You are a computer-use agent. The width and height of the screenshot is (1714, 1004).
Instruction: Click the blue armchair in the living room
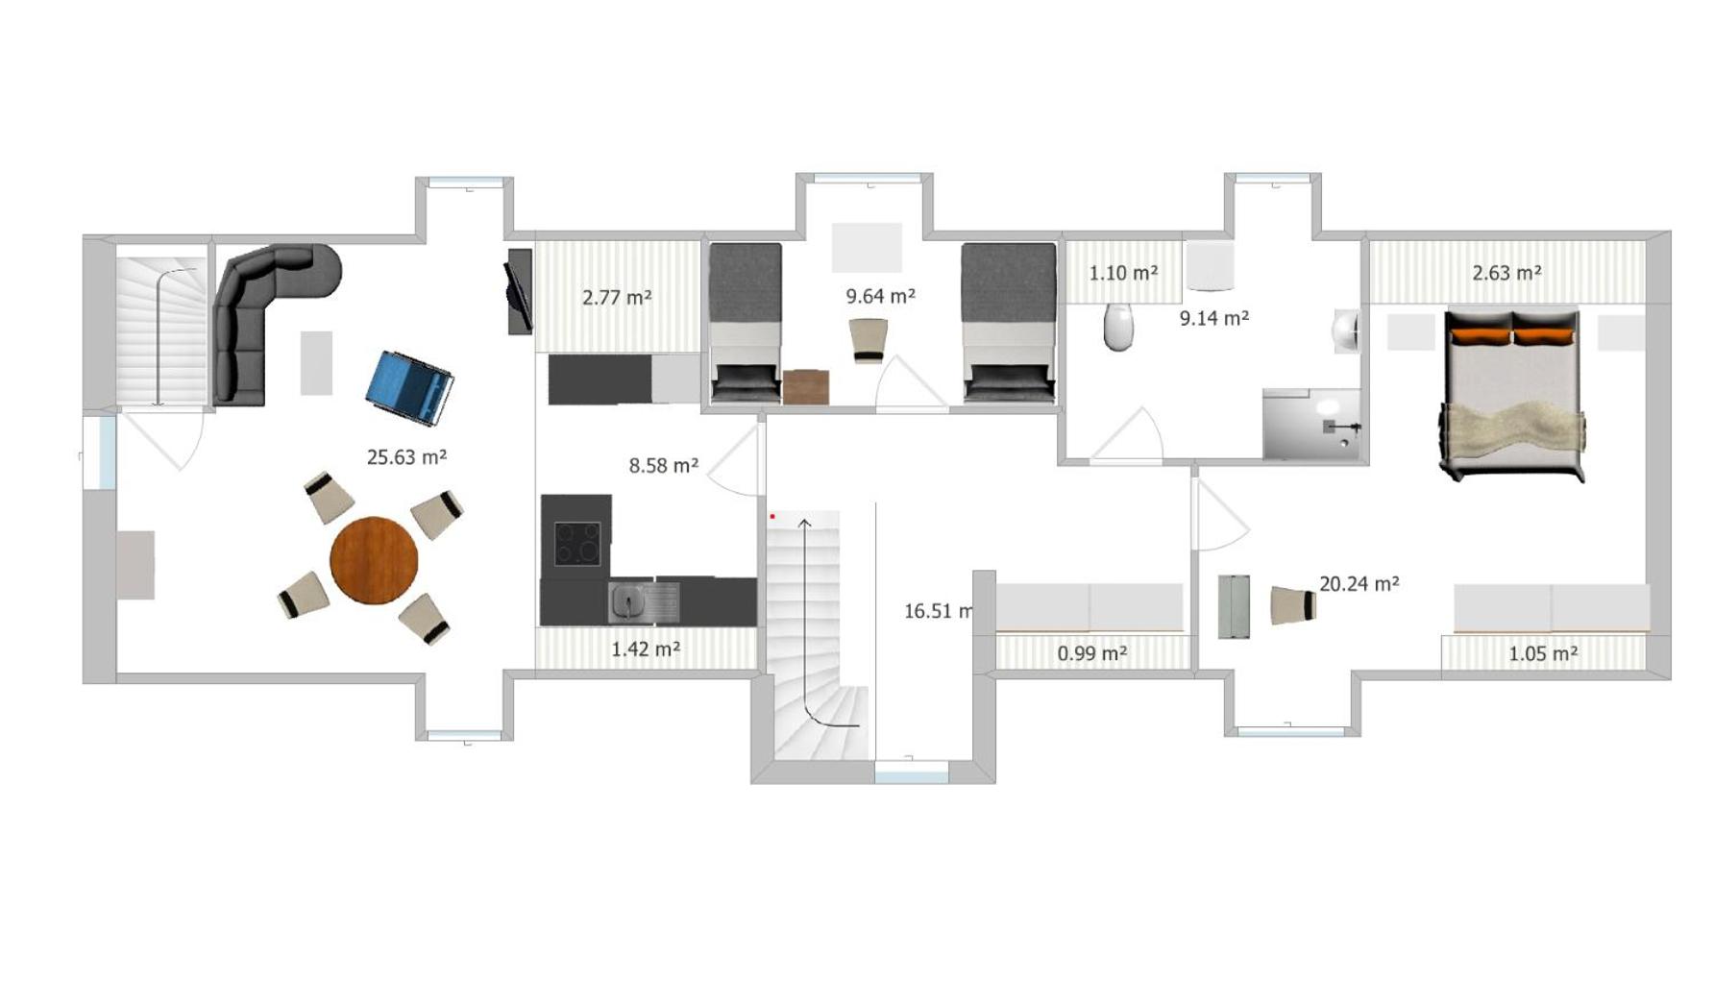click(x=410, y=387)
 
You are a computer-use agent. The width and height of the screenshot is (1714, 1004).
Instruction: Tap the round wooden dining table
click(x=374, y=560)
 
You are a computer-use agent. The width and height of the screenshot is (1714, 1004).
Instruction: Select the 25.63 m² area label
click(x=406, y=457)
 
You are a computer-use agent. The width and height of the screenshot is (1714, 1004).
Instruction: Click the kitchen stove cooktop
click(x=577, y=544)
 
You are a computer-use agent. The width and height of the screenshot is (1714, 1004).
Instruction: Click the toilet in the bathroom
click(x=1118, y=327)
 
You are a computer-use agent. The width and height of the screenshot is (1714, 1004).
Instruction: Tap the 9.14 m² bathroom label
click(x=1214, y=318)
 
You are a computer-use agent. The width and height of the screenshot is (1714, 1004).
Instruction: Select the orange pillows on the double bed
click(x=1512, y=335)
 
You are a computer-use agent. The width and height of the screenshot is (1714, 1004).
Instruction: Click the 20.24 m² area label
click(x=1359, y=583)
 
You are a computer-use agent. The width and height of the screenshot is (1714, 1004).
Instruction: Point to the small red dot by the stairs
click(x=771, y=517)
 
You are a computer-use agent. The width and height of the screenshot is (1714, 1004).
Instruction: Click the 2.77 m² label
click(x=617, y=298)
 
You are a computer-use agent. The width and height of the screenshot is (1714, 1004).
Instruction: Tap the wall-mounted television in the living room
click(x=519, y=291)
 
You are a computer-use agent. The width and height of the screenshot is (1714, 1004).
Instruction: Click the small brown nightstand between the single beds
click(x=805, y=386)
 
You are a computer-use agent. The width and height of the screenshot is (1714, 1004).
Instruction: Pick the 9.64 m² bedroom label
click(x=880, y=296)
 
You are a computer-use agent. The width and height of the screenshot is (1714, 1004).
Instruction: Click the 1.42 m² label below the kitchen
click(x=646, y=649)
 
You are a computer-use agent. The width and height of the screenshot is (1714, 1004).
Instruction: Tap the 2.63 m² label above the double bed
click(x=1506, y=273)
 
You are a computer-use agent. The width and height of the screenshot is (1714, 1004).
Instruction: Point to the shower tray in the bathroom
click(x=1311, y=424)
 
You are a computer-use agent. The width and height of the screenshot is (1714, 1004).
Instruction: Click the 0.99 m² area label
click(x=1091, y=653)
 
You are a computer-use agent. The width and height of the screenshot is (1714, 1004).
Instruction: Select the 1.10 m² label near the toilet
click(x=1122, y=273)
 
